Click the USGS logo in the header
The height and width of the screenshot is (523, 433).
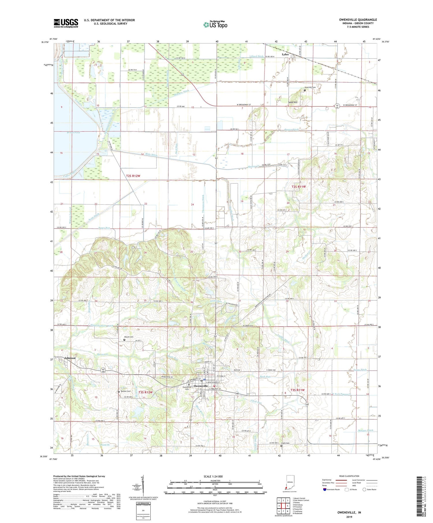coord(66,23)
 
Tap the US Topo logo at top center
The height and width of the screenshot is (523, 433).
coord(215,25)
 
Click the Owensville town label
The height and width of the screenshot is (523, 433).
coord(201,386)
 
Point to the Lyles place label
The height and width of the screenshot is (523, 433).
coord(285,54)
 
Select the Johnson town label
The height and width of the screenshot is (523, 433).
coord(70,358)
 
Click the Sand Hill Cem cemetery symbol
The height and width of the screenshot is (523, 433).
coord(305,90)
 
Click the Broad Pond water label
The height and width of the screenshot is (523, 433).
coord(65,132)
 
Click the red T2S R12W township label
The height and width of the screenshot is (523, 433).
coord(133,176)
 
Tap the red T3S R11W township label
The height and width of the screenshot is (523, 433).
coord(298,390)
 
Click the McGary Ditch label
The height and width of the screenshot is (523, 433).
coord(365,430)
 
